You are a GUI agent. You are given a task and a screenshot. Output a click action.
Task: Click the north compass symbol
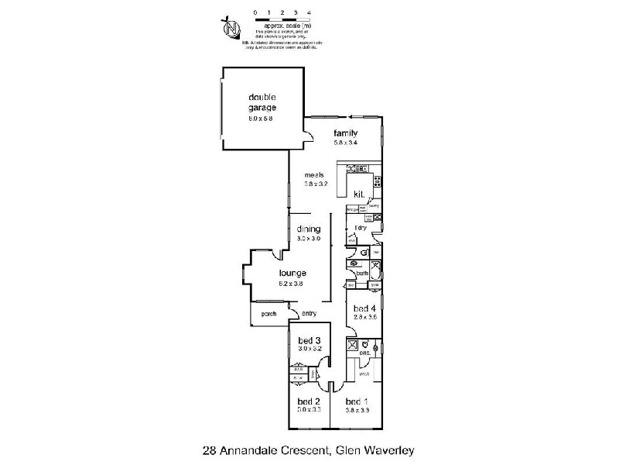click(230, 28)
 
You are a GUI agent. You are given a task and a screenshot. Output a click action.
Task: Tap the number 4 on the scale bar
click(310, 13)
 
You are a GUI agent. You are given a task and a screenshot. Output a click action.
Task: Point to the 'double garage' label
click(262, 102)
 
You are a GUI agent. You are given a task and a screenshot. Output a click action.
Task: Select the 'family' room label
click(345, 133)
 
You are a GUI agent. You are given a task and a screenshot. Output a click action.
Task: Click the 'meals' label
click(313, 174)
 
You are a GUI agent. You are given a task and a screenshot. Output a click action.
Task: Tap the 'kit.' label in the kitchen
click(359, 194)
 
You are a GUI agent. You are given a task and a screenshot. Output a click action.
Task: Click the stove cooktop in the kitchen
click(377, 183)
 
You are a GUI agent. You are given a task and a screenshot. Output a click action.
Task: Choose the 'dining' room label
click(308, 229)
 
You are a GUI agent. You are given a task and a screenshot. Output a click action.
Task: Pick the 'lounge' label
click(293, 273)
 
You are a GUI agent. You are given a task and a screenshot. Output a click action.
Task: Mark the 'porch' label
click(269, 314)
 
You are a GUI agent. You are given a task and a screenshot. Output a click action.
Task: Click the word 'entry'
click(309, 314)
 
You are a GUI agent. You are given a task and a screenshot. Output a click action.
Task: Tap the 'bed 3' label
click(308, 341)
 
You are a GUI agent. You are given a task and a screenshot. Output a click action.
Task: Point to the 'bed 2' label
click(308, 401)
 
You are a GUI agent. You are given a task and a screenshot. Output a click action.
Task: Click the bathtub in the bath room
click(375, 270)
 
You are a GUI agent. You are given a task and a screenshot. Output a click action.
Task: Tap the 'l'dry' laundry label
click(359, 227)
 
